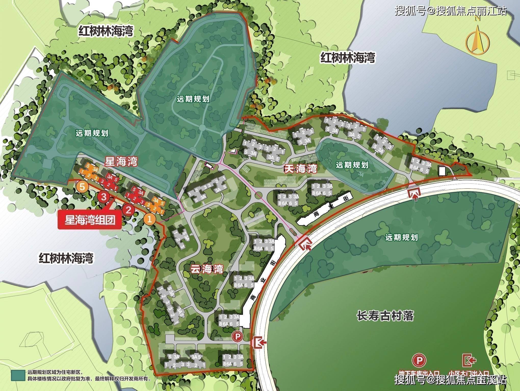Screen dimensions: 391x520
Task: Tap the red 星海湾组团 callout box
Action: [90, 220]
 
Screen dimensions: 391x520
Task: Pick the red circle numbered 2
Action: [128, 210]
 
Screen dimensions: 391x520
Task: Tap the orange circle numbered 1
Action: [150, 219]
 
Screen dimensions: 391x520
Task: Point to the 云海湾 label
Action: [207, 268]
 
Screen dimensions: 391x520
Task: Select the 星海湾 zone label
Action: [121, 161]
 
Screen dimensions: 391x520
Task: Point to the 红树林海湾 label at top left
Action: [106, 31]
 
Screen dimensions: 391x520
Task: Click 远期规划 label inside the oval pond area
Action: [352, 165]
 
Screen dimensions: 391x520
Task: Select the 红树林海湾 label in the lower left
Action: [66, 258]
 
